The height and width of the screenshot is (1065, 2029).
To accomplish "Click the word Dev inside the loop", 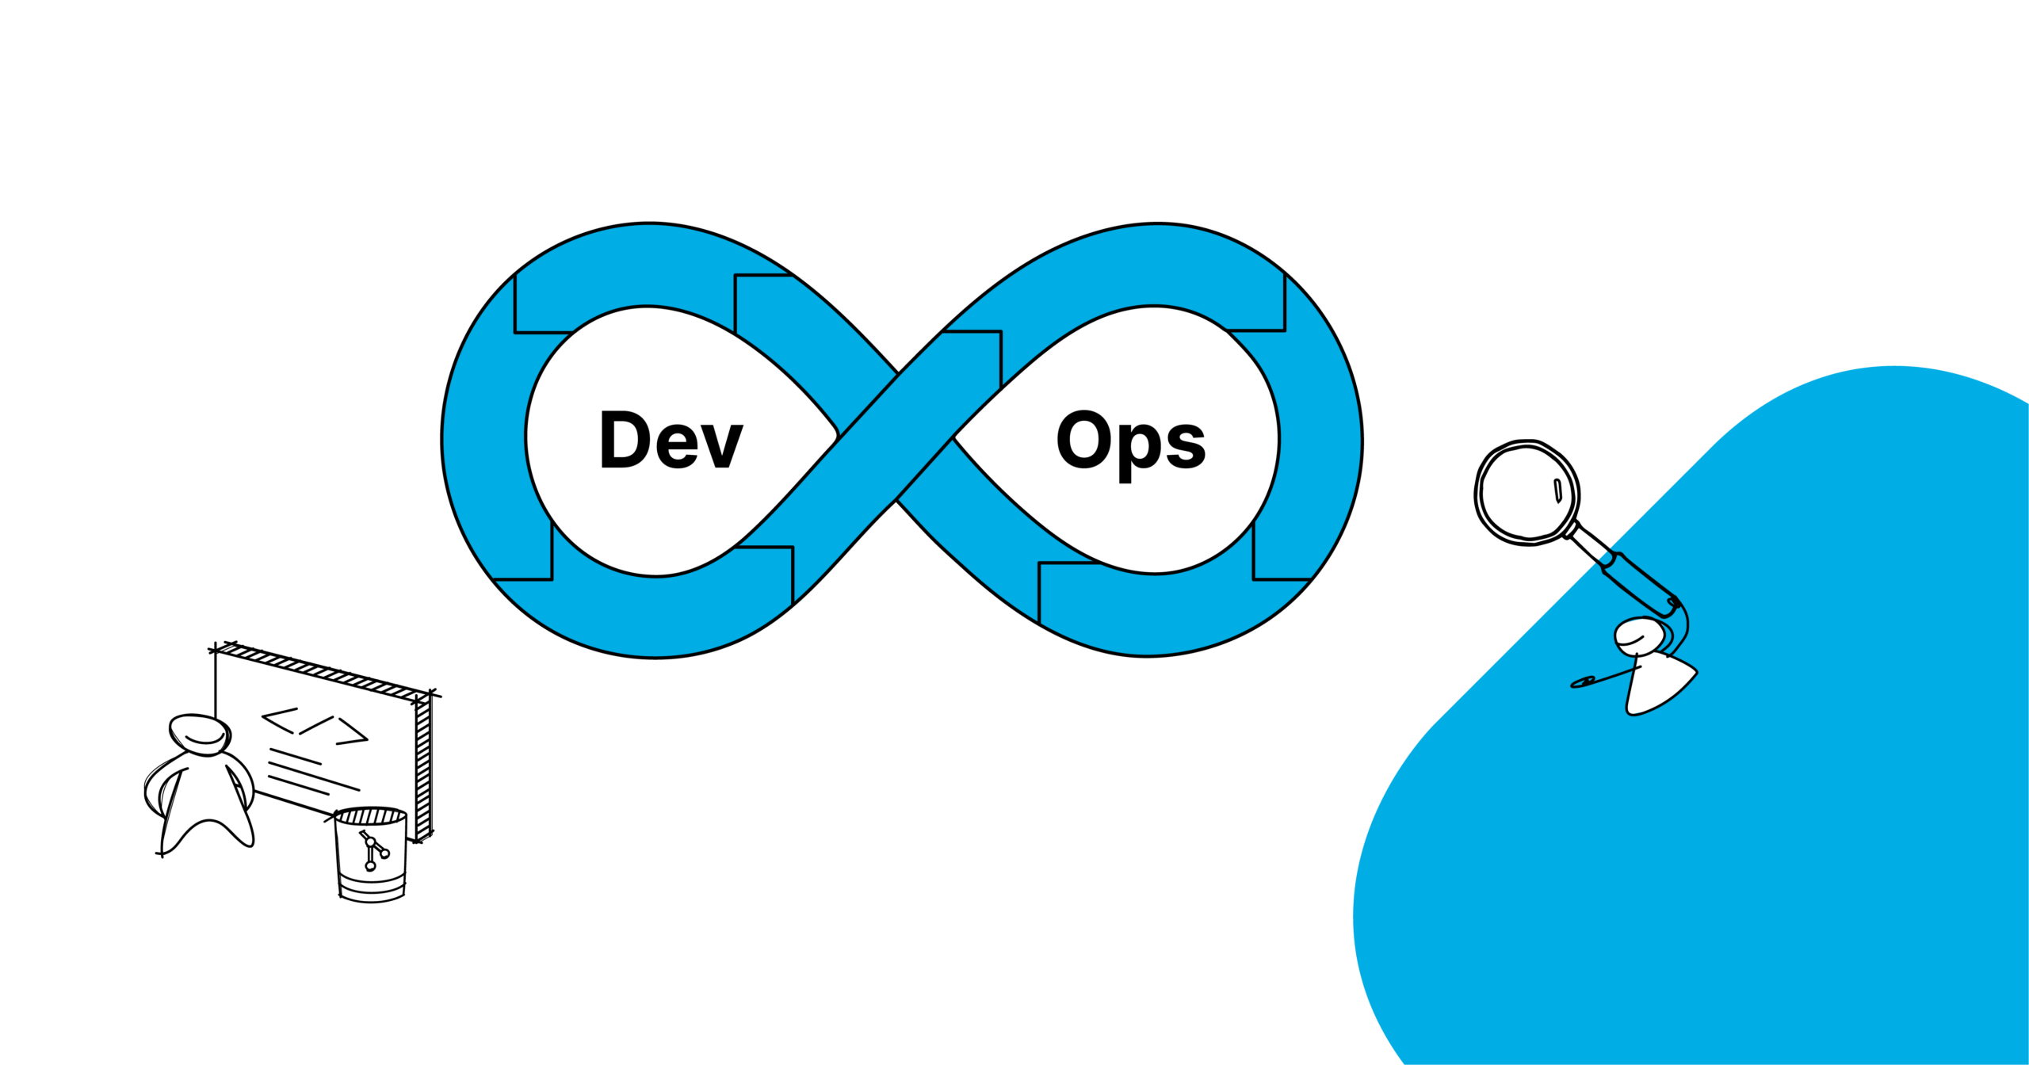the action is tap(671, 440).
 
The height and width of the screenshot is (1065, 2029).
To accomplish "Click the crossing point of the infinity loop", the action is tap(896, 437).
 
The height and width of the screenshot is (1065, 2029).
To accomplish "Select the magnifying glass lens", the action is tap(1527, 492).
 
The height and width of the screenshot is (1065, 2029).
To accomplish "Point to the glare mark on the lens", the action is tap(1557, 491).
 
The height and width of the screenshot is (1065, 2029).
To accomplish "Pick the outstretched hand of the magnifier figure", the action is tap(1583, 681).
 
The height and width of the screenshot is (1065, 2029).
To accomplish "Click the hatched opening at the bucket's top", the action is tap(371, 815).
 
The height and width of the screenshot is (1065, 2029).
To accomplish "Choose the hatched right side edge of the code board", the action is tap(423, 769).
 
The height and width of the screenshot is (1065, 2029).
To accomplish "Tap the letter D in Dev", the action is tap(625, 440).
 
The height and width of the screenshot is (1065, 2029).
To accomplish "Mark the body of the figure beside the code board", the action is tap(204, 800).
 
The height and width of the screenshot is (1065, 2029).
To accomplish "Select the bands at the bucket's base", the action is tap(372, 892).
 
